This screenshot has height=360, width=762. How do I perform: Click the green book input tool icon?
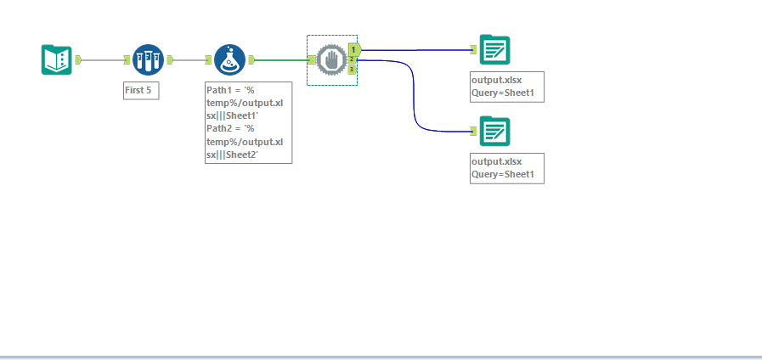(56, 59)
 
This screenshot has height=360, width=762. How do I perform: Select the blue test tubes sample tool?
(148, 59)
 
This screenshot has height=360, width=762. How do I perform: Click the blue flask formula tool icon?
(229, 59)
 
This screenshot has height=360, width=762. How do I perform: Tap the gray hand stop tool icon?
(331, 60)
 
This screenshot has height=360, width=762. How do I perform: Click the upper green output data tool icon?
(494, 49)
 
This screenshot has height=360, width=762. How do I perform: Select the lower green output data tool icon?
(494, 131)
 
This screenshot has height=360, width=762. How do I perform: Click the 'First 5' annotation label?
(141, 90)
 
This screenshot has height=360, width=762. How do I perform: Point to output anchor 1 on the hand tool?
(354, 49)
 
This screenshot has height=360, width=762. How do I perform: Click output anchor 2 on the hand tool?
(352, 59)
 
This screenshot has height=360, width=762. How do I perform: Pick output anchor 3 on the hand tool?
(352, 70)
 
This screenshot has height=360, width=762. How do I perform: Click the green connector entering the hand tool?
(282, 60)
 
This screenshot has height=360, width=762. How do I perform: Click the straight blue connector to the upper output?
(416, 49)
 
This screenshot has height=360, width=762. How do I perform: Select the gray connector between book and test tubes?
(103, 59)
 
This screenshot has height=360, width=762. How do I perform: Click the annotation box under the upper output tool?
(507, 87)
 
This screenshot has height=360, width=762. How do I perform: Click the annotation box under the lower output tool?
(507, 169)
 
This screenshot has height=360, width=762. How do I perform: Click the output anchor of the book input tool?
(78, 59)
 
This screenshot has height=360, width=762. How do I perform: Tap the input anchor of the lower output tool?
(474, 131)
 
